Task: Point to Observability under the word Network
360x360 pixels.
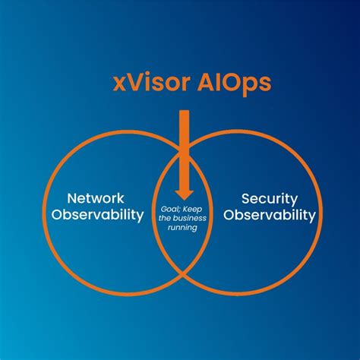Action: point(98,215)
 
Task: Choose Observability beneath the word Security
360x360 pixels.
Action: point(269,215)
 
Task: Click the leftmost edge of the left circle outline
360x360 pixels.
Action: point(43,205)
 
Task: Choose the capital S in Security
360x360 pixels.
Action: point(247,199)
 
